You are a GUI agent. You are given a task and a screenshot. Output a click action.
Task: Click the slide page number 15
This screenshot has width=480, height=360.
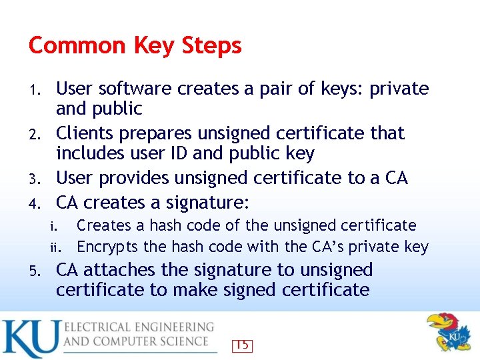tap(242, 345)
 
